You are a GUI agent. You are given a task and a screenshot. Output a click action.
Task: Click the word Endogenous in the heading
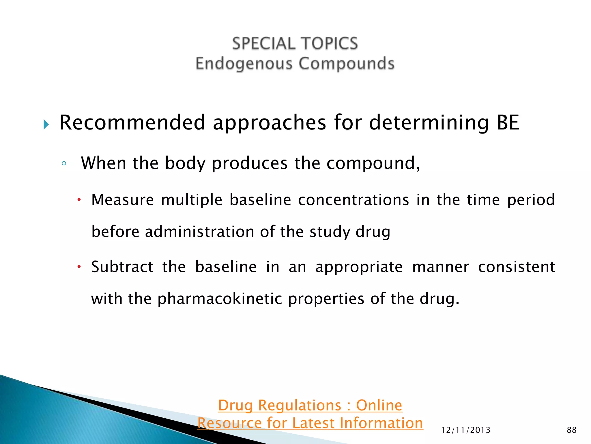244,64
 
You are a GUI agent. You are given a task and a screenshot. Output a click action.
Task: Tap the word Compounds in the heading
346,64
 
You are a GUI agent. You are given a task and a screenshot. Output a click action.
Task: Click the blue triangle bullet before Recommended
46,125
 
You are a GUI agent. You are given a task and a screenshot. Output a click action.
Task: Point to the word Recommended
132,123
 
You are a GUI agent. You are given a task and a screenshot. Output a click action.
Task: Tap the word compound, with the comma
373,163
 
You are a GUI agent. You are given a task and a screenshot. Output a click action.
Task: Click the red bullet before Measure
79,200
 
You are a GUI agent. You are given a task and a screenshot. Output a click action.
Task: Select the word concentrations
354,200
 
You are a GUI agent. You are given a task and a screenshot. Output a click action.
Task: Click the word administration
199,232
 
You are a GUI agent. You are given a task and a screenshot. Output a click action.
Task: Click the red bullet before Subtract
79,267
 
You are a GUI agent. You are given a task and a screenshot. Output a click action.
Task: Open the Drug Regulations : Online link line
310,405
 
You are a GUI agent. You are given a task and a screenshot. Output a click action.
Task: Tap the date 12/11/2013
466,430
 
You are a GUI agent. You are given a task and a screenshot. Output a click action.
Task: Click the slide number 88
571,430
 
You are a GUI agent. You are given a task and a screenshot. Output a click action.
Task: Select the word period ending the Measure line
531,200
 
